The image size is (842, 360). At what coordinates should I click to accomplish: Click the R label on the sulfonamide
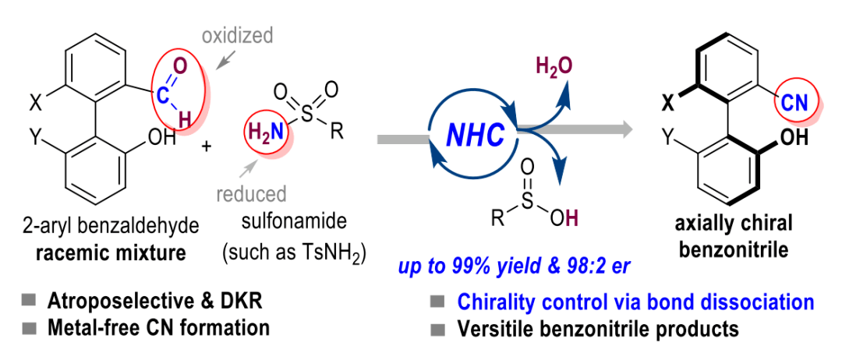[337, 131]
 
